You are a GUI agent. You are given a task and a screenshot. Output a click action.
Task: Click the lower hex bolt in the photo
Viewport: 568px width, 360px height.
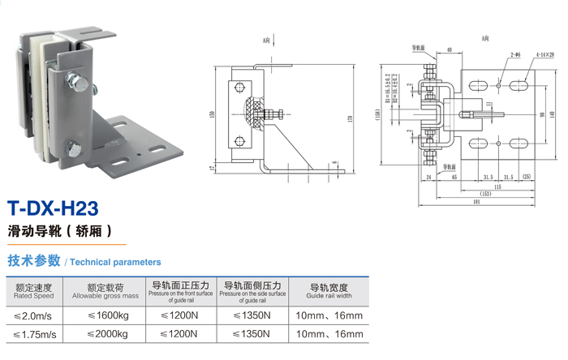pos(74,148)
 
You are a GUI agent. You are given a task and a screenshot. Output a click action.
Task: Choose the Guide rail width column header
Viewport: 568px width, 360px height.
pos(329,291)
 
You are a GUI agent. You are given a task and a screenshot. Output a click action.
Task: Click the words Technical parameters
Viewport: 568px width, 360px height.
pos(115,263)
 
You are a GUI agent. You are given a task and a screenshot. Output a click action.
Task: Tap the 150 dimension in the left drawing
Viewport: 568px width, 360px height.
pos(213,114)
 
